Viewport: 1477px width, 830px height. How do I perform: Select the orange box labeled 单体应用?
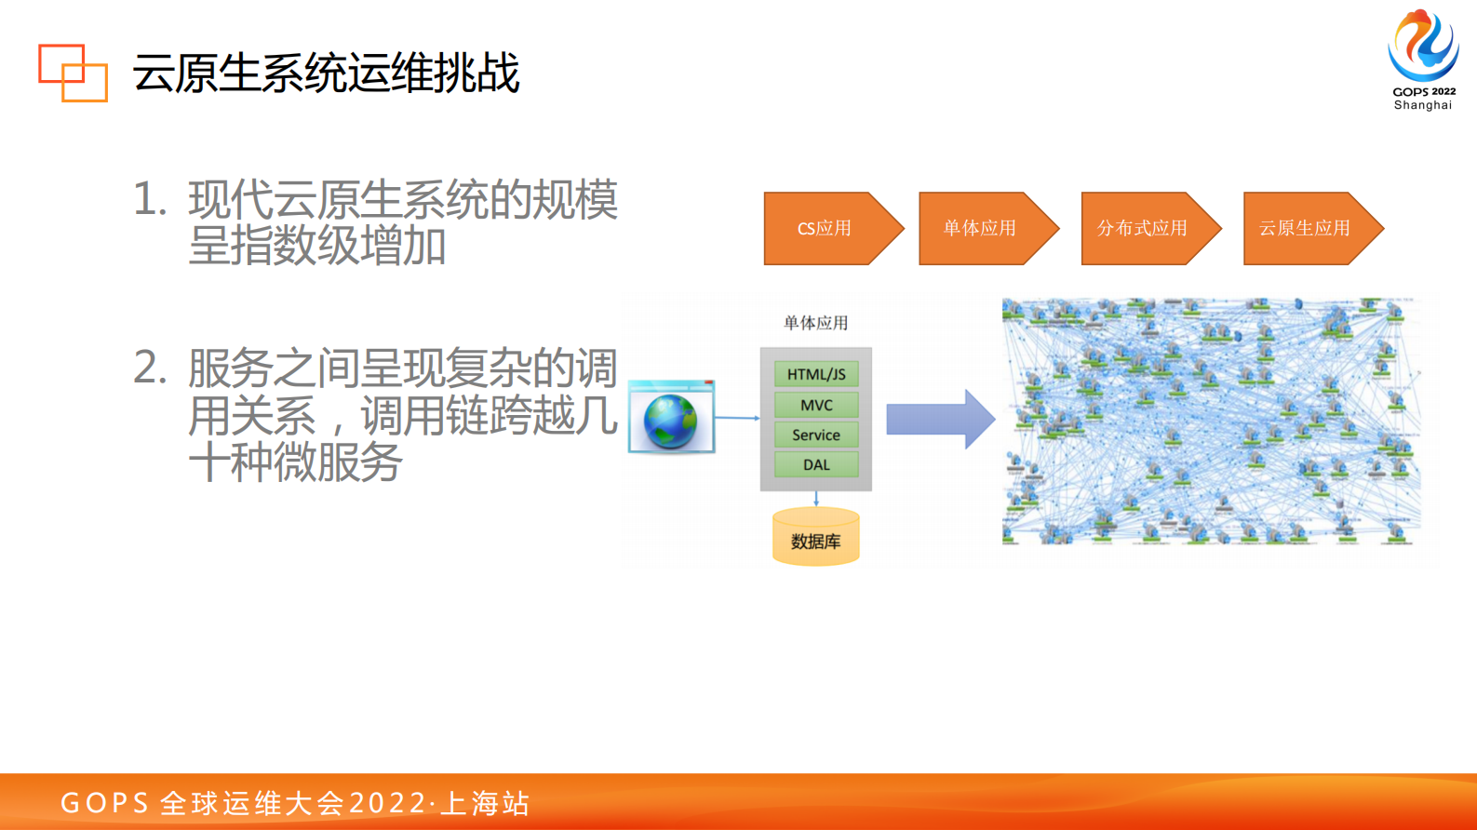coord(980,229)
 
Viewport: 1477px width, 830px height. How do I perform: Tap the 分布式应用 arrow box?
coord(1142,229)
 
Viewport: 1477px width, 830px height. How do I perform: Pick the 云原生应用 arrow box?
coord(1305,229)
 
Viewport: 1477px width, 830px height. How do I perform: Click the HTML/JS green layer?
coord(816,374)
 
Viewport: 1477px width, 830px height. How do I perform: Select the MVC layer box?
coord(816,405)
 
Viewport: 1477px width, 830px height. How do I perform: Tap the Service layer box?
coord(816,435)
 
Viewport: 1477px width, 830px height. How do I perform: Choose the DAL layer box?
coord(816,464)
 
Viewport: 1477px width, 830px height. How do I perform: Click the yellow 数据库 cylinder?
coord(816,538)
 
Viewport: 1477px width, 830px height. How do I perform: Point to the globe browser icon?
coord(671,420)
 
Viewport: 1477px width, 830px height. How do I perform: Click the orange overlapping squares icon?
coord(73,73)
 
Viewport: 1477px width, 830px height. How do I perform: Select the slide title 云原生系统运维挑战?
coord(326,74)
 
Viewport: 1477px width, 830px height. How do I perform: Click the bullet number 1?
coord(150,199)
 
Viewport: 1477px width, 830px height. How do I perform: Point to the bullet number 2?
coord(150,368)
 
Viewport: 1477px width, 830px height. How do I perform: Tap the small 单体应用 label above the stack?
coord(815,323)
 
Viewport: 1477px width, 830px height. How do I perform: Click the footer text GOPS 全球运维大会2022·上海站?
coord(295,803)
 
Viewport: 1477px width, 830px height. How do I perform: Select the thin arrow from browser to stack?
coord(737,418)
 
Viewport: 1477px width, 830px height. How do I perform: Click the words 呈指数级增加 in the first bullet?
coord(317,247)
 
